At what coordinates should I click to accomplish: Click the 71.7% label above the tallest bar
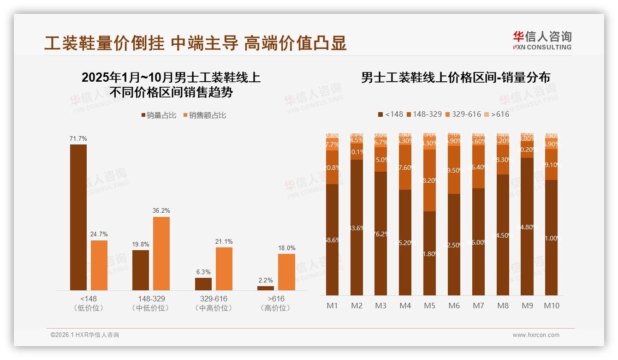[78, 138]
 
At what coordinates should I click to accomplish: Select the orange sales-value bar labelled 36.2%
[161, 253]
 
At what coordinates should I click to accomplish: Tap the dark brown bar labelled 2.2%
[266, 288]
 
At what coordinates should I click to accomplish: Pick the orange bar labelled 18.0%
[286, 272]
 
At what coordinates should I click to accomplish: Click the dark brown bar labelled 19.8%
[141, 270]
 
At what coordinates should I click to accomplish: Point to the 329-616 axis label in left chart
[214, 299]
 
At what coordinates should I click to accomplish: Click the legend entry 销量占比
[159, 115]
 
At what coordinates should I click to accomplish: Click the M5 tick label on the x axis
[429, 306]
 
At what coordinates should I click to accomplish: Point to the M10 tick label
[552, 306]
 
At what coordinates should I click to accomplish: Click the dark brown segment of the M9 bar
[527, 226]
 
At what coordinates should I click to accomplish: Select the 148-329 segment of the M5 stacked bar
[429, 180]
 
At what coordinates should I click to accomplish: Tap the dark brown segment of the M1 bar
[332, 240]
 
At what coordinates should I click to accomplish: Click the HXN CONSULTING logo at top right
[542, 40]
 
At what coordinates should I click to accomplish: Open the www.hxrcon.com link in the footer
[536, 335]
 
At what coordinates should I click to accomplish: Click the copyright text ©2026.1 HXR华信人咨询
[85, 335]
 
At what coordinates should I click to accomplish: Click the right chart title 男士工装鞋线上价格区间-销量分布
[455, 78]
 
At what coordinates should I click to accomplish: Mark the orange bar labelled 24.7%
[99, 265]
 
